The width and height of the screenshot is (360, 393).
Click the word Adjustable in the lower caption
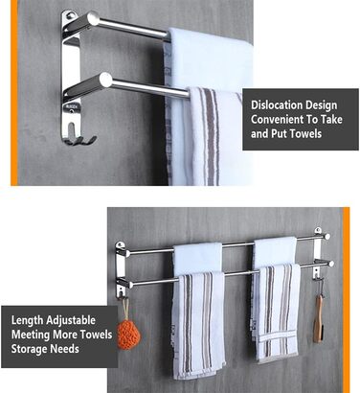pyautogui.click(x=71, y=320)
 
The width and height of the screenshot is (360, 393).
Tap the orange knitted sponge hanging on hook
pyautogui.click(x=128, y=335)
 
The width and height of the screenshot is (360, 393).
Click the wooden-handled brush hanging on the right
pyautogui.click(x=319, y=319)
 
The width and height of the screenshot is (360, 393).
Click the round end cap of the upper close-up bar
pyautogui.click(x=93, y=18)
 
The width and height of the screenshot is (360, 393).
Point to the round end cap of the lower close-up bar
pyautogui.click(x=105, y=80)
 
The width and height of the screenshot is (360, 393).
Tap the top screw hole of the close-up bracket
pyautogui.click(x=69, y=14)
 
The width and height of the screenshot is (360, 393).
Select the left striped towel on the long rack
pyautogui.click(x=198, y=324)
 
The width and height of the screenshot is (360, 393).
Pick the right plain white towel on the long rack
pyautogui.click(x=275, y=251)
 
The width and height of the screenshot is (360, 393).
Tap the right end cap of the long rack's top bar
pyautogui.click(x=326, y=237)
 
